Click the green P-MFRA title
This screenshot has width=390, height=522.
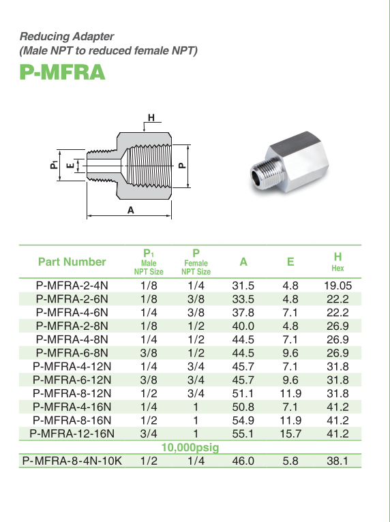click(62, 72)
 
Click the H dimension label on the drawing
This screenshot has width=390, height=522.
click(151, 117)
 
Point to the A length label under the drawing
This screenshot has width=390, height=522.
click(130, 210)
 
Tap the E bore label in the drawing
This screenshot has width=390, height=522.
click(70, 165)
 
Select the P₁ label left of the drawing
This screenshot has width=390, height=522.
click(54, 164)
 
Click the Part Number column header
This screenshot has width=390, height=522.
click(72, 262)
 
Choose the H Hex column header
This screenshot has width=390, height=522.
click(337, 262)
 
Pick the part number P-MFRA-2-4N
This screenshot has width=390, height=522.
click(72, 286)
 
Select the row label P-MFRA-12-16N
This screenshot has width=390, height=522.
click(72, 434)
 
